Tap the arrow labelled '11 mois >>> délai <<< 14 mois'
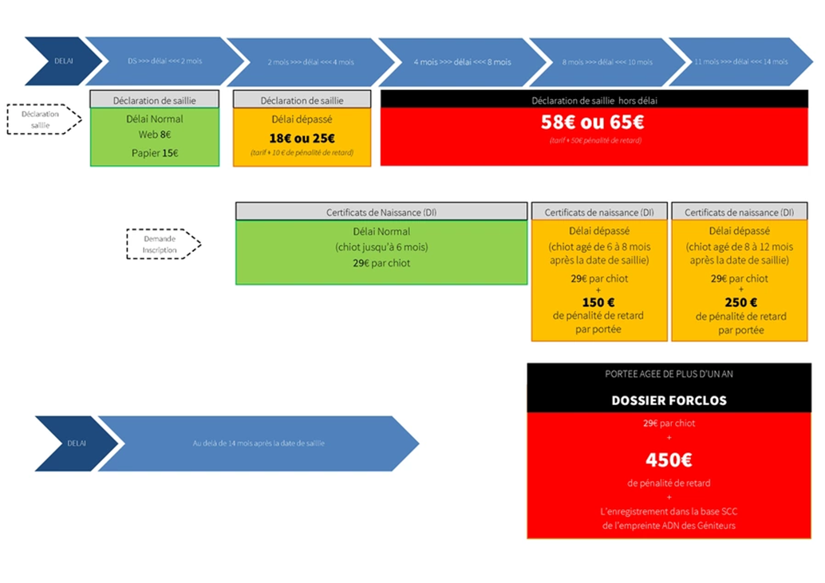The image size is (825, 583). (x=741, y=61)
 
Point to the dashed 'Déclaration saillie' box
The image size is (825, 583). (x=45, y=120)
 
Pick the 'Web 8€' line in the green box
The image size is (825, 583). (x=155, y=135)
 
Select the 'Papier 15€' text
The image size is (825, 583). (x=155, y=153)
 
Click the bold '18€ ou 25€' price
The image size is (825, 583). (x=302, y=138)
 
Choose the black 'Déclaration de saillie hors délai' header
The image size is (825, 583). (x=594, y=100)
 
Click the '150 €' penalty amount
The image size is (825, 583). (x=598, y=302)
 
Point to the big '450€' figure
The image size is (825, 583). (x=669, y=459)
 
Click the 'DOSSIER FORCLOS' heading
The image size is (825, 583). (x=669, y=400)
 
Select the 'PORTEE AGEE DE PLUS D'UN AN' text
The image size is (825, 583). (x=669, y=374)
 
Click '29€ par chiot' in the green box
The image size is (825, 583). (x=381, y=262)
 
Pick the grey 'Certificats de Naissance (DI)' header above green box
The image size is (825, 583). (x=381, y=213)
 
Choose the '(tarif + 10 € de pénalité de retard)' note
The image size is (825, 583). (x=302, y=152)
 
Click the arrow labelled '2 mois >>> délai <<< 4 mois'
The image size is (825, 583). (x=310, y=61)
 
